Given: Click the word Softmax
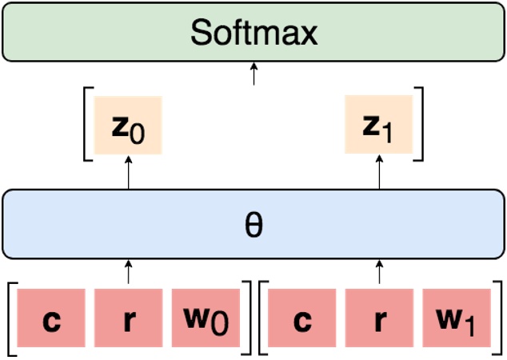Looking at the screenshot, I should (x=254, y=33).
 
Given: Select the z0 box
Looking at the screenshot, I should (x=128, y=125).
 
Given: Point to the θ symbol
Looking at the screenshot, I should (x=253, y=225).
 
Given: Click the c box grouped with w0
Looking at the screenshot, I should (x=51, y=321).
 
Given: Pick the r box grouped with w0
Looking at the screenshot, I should (x=128, y=321).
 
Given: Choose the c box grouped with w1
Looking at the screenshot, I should (x=302, y=321).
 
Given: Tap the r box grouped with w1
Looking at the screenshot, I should (x=379, y=321).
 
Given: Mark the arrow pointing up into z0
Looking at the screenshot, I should (x=128, y=172).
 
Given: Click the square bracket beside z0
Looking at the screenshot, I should (x=85, y=125).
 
